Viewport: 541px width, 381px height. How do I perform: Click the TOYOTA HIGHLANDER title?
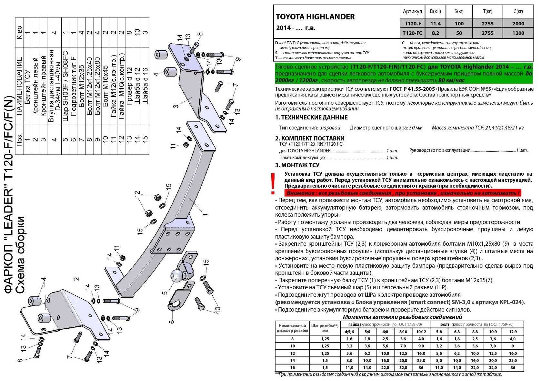(x=315, y=17)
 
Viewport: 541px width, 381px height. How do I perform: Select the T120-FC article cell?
(x=413, y=33)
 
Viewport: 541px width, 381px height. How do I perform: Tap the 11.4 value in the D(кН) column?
(x=436, y=24)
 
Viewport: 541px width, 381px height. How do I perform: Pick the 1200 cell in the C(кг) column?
(x=518, y=33)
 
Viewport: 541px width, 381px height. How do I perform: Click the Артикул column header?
(x=412, y=12)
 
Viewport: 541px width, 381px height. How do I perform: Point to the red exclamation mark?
(x=273, y=183)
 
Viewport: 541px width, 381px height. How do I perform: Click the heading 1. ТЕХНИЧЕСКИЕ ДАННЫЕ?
(x=311, y=118)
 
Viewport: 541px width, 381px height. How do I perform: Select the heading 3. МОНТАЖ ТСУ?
(x=297, y=165)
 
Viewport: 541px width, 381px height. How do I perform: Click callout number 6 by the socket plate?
(x=171, y=321)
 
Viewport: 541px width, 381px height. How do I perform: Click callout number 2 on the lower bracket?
(x=76, y=280)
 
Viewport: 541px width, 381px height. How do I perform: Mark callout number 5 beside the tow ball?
(x=165, y=293)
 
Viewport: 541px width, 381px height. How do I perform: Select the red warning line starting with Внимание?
(x=403, y=193)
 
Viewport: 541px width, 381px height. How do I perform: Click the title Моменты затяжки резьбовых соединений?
(x=402, y=317)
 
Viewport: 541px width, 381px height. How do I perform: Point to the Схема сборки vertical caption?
(x=20, y=255)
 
